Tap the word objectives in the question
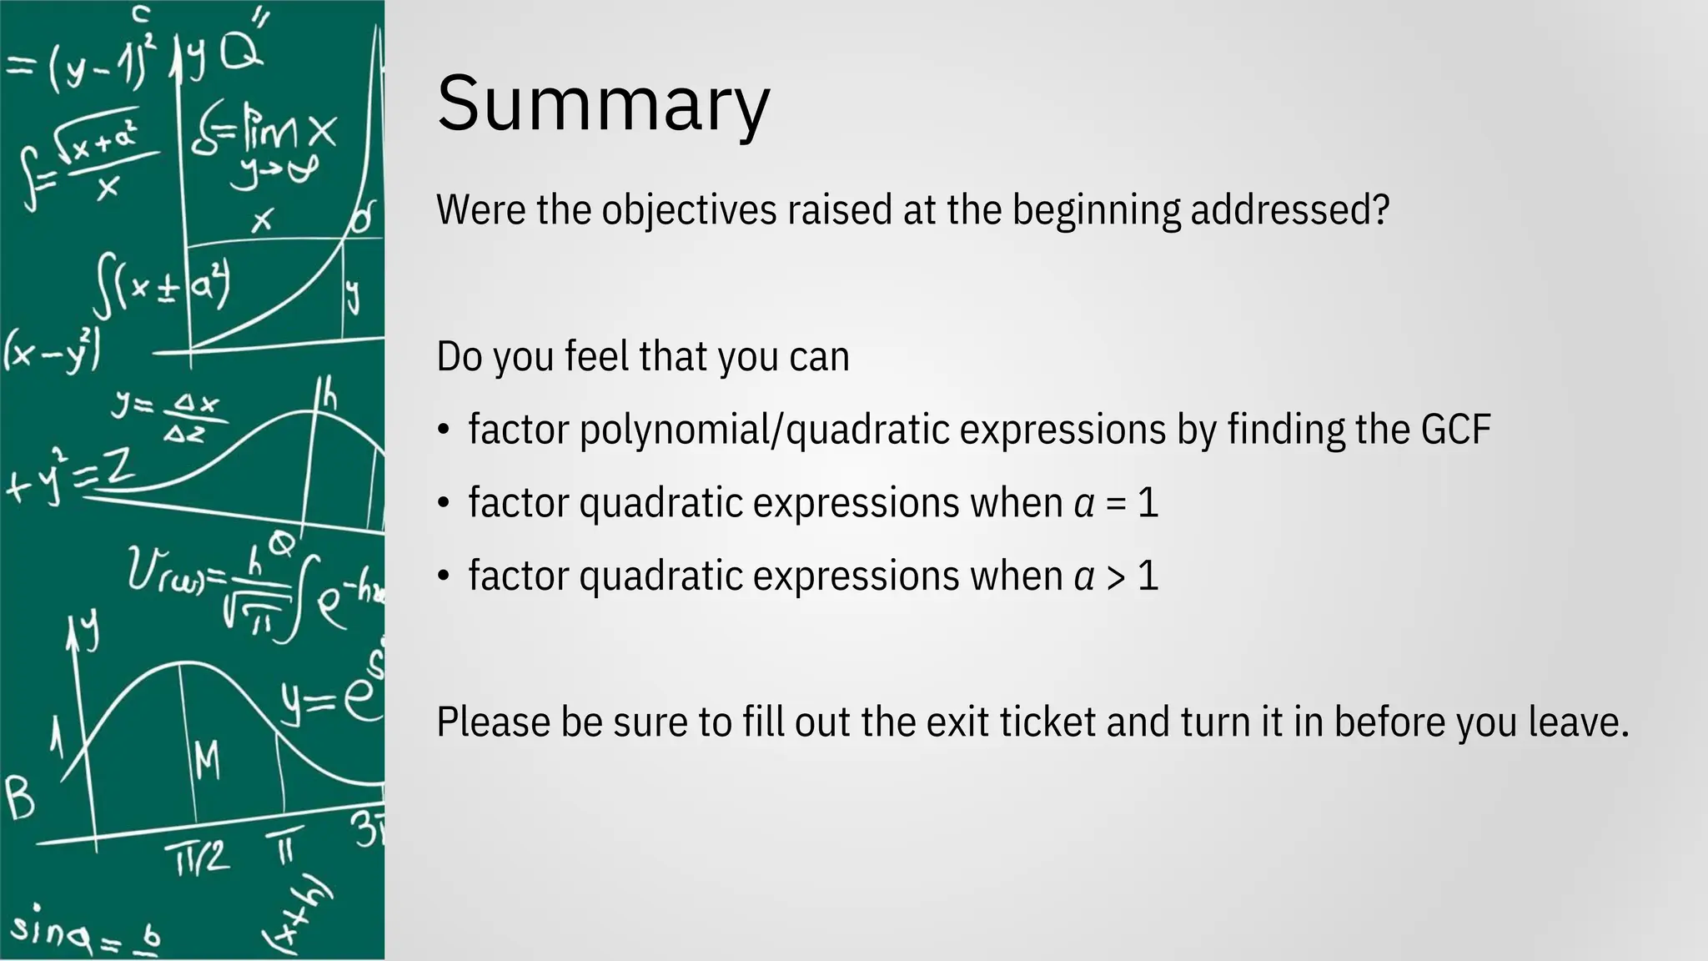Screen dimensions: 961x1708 coord(689,210)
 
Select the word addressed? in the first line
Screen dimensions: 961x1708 coord(1289,210)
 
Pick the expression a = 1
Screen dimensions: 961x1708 coord(1116,503)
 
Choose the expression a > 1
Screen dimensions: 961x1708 coord(1116,576)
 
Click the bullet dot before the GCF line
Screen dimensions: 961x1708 coord(444,431)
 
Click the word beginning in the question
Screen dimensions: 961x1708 coord(1096,210)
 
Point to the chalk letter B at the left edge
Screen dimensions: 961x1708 coord(20,797)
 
